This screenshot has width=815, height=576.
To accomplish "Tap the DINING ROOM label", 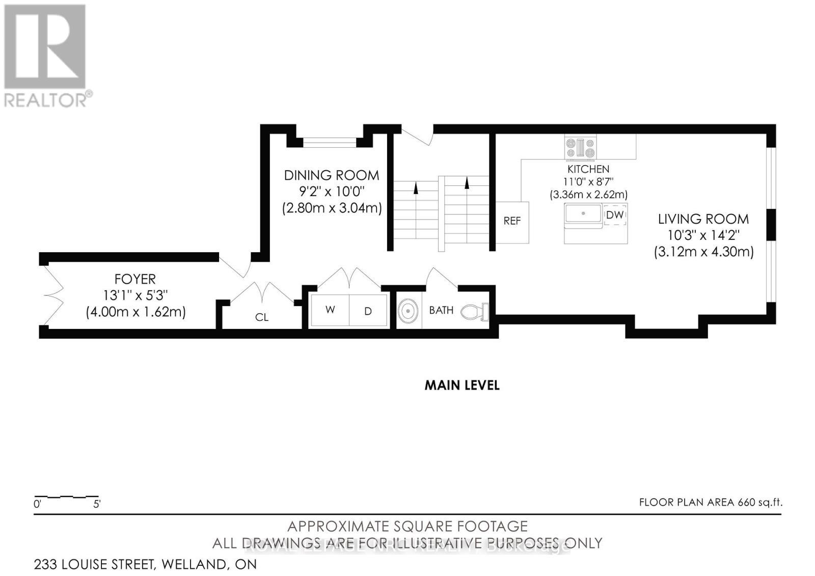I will (331, 175).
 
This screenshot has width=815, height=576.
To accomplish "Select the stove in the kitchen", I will (581, 148).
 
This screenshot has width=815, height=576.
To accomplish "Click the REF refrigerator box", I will (512, 222).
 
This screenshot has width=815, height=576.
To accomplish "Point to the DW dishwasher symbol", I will (615, 214).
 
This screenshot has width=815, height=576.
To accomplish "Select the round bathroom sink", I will (409, 311).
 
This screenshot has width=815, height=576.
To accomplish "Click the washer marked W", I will (330, 310).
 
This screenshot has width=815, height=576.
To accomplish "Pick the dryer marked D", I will (368, 310).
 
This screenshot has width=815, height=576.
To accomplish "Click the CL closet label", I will (261, 317).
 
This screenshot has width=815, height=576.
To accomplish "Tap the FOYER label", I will (135, 279).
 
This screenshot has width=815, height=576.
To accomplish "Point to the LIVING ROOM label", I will (703, 220).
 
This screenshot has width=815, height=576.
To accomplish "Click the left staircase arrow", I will (416, 188).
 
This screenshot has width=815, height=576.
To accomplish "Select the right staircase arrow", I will (467, 183).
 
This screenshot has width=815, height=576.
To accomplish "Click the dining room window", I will (330, 143).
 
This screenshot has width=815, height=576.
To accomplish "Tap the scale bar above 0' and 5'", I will (66, 496).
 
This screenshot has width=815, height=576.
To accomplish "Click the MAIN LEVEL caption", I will (462, 385).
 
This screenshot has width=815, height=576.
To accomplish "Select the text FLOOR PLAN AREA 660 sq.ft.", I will (711, 502).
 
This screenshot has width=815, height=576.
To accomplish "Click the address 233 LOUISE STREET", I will (145, 564).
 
